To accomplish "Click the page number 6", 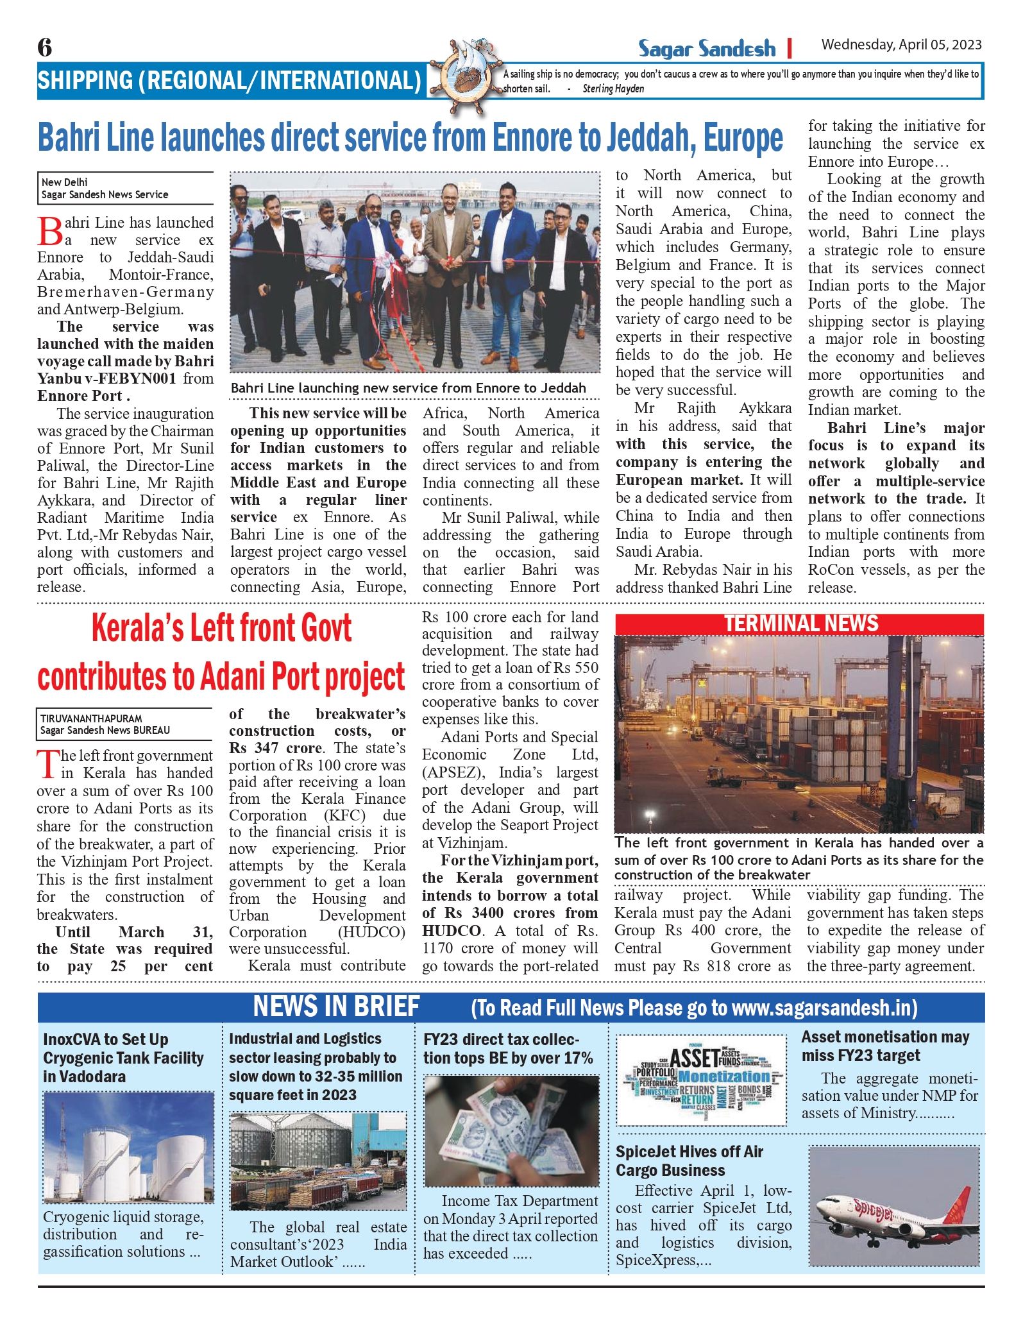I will pyautogui.click(x=45, y=47).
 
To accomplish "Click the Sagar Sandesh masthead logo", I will pyautogui.click(x=706, y=49).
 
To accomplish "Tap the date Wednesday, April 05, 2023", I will pyautogui.click(x=901, y=44).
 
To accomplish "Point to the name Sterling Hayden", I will pyautogui.click(x=613, y=89).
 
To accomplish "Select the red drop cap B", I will pyautogui.click(x=50, y=232).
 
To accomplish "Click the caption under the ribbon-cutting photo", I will pyautogui.click(x=408, y=388).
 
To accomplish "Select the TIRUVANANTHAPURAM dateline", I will pyautogui.click(x=91, y=718).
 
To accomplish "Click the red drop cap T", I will pyautogui.click(x=48, y=764).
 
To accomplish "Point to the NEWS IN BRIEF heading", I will pyautogui.click(x=336, y=1007).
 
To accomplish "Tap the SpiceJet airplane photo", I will pyautogui.click(x=895, y=1206).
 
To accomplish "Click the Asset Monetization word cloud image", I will pyautogui.click(x=701, y=1080).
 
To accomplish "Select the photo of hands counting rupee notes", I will pyautogui.click(x=511, y=1130).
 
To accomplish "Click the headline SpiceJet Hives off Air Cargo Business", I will pyautogui.click(x=689, y=1160).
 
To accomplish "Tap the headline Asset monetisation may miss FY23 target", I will pyautogui.click(x=884, y=1046).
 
